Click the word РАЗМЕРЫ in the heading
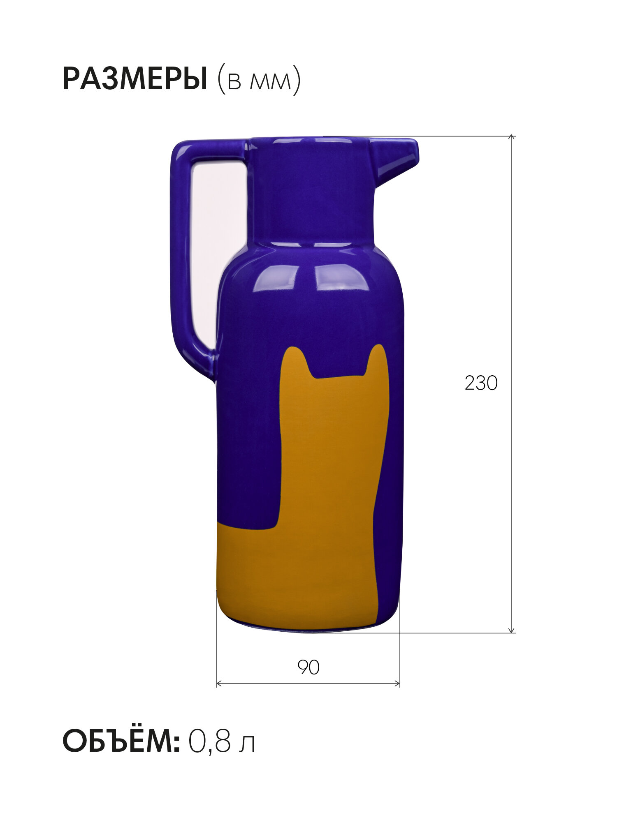click(x=135, y=79)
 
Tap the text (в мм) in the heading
click(x=259, y=79)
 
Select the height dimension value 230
click(x=481, y=383)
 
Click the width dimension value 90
click(x=308, y=667)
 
